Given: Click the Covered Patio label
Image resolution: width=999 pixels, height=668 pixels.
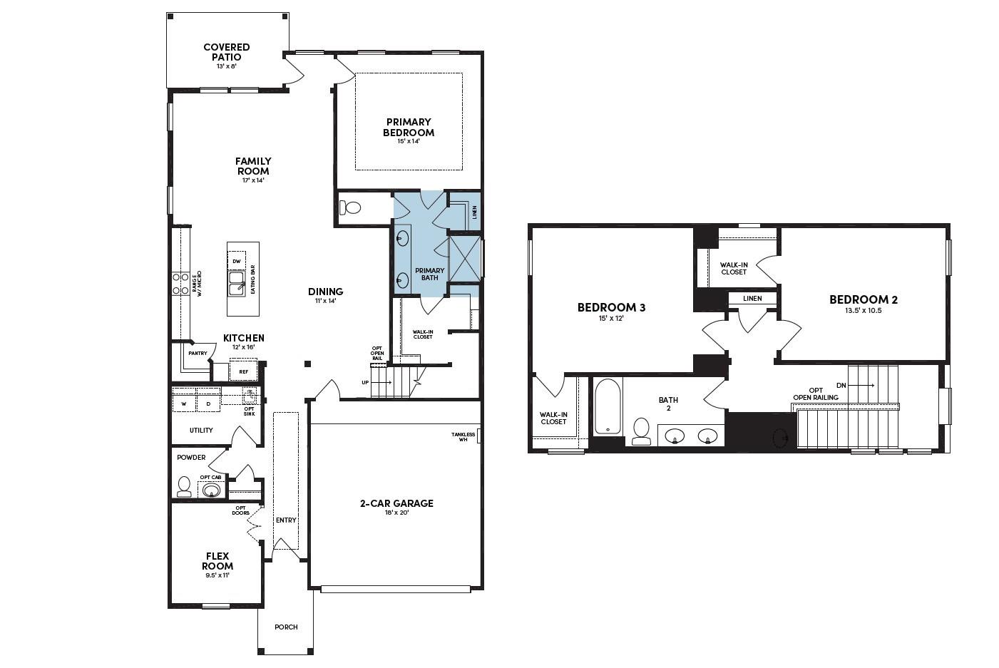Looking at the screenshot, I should coord(227,52).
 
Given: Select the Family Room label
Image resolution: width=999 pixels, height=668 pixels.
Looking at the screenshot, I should coord(253,166).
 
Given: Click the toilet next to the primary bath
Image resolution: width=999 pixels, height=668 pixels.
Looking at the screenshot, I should coord(350,207).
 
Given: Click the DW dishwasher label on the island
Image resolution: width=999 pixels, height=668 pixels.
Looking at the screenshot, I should coord(237,262).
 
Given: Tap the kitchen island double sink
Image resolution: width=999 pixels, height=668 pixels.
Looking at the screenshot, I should coord(237,283).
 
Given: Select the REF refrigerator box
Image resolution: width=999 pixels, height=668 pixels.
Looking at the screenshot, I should coord(243,371).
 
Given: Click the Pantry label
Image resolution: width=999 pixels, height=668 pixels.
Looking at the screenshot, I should coord(198,353).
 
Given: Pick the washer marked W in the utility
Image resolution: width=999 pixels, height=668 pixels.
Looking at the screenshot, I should coord(184,404).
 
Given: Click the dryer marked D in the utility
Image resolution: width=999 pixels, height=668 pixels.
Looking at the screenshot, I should coord(208,404).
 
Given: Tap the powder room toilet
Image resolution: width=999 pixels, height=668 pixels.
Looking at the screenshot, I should coord(184,486).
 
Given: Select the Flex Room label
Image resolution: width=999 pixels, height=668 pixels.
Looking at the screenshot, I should coord(217,561).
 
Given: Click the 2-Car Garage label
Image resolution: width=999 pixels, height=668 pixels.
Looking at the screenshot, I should coord(396,503).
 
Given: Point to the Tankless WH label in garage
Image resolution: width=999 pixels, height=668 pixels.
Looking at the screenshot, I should coord(463,436).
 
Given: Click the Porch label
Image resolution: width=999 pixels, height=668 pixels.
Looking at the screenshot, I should coord(286,627).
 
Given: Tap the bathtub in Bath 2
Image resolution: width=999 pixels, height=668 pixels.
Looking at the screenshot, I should coord(608,406).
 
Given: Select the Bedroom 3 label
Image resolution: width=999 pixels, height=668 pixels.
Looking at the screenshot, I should coord(611,307).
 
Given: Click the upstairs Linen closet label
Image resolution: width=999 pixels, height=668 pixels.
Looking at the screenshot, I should coord(752,299).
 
